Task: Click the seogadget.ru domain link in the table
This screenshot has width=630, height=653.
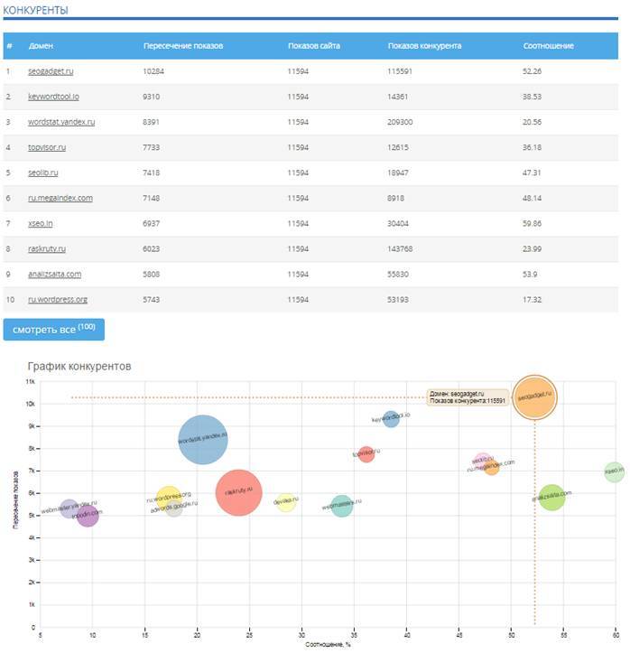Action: [51, 70]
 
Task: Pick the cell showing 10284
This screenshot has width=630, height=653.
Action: [158, 70]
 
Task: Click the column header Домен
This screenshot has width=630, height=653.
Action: [42, 45]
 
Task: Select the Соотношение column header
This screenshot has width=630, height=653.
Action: [549, 45]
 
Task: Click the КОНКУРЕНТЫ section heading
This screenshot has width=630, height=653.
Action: [35, 10]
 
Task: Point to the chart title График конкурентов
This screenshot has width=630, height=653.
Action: [79, 366]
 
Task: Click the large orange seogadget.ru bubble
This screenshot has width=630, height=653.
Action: [534, 397]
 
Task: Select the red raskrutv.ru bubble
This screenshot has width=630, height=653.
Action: [239, 492]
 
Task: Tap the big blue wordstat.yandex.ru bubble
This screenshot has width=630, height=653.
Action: [203, 439]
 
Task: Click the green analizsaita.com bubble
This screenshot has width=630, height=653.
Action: [551, 497]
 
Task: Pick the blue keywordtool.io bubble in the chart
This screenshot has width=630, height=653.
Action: [391, 418]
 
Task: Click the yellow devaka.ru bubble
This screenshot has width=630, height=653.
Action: [285, 501]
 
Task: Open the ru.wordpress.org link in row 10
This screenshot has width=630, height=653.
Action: [58, 299]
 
